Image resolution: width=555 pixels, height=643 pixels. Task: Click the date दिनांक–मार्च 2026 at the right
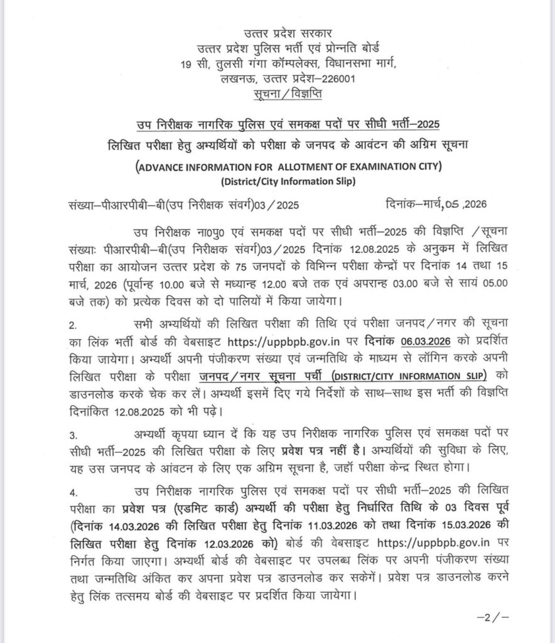[435, 205]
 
